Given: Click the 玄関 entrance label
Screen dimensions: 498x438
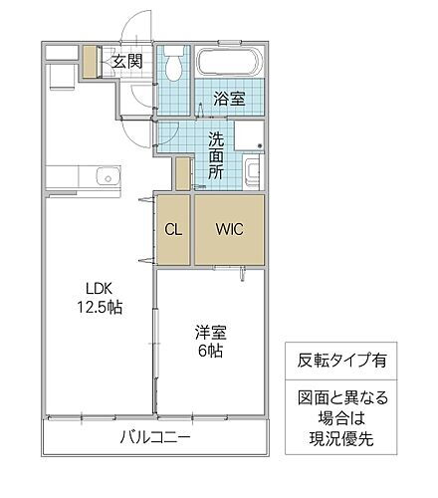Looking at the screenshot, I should pos(125,62).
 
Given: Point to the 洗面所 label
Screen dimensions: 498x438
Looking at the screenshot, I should pos(217,154).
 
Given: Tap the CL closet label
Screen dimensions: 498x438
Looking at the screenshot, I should pos(173,228).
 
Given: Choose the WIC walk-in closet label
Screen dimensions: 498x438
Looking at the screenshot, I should pos(229,228).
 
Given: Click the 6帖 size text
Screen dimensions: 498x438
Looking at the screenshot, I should pos(209,354).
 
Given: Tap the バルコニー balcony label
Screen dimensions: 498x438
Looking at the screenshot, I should pos(154,437).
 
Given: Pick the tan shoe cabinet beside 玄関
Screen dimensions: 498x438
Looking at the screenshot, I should pos(91,63).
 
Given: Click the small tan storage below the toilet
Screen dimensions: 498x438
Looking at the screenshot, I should pos(182,173).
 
